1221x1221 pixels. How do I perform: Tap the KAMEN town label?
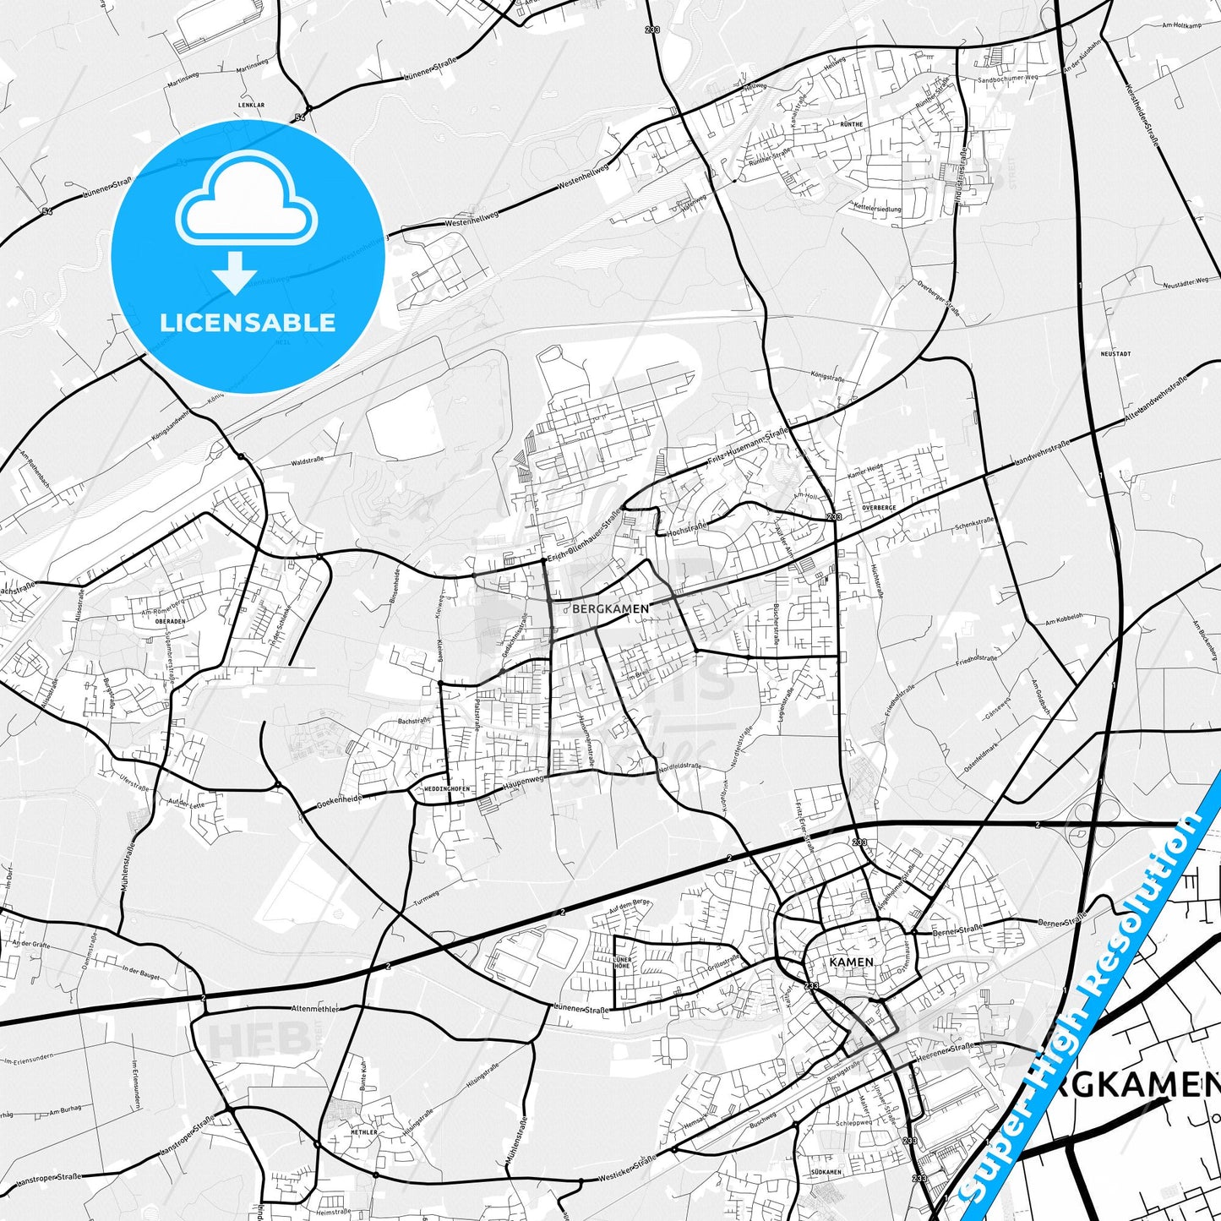pos(851,962)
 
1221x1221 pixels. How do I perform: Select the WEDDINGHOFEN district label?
pos(439,789)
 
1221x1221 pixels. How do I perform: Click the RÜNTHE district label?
pos(852,124)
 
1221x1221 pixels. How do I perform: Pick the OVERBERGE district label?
pos(879,507)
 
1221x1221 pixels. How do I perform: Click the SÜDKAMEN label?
pos(825,1173)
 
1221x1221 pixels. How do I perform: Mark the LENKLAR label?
pos(252,106)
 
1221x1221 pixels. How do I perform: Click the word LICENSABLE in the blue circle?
pos(248,322)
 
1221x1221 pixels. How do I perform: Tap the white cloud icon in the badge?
pos(246,200)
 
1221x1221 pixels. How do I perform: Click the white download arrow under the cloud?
pos(235,273)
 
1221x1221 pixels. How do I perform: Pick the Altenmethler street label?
pos(314,1009)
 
